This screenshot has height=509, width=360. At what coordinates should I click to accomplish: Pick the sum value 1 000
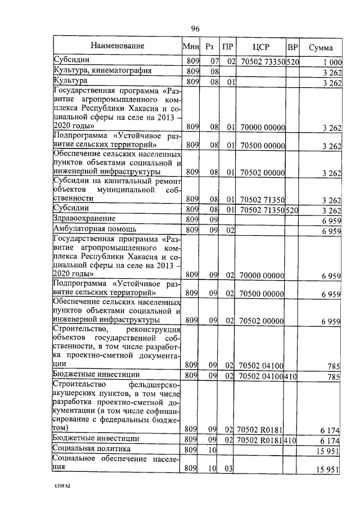(332, 61)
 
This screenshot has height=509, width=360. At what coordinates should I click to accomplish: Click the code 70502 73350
(263, 61)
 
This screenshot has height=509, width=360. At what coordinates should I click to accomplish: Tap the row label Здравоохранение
(84, 218)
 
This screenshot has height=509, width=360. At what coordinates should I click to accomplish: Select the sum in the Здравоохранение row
(331, 219)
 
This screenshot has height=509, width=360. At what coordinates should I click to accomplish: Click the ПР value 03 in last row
(230, 469)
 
